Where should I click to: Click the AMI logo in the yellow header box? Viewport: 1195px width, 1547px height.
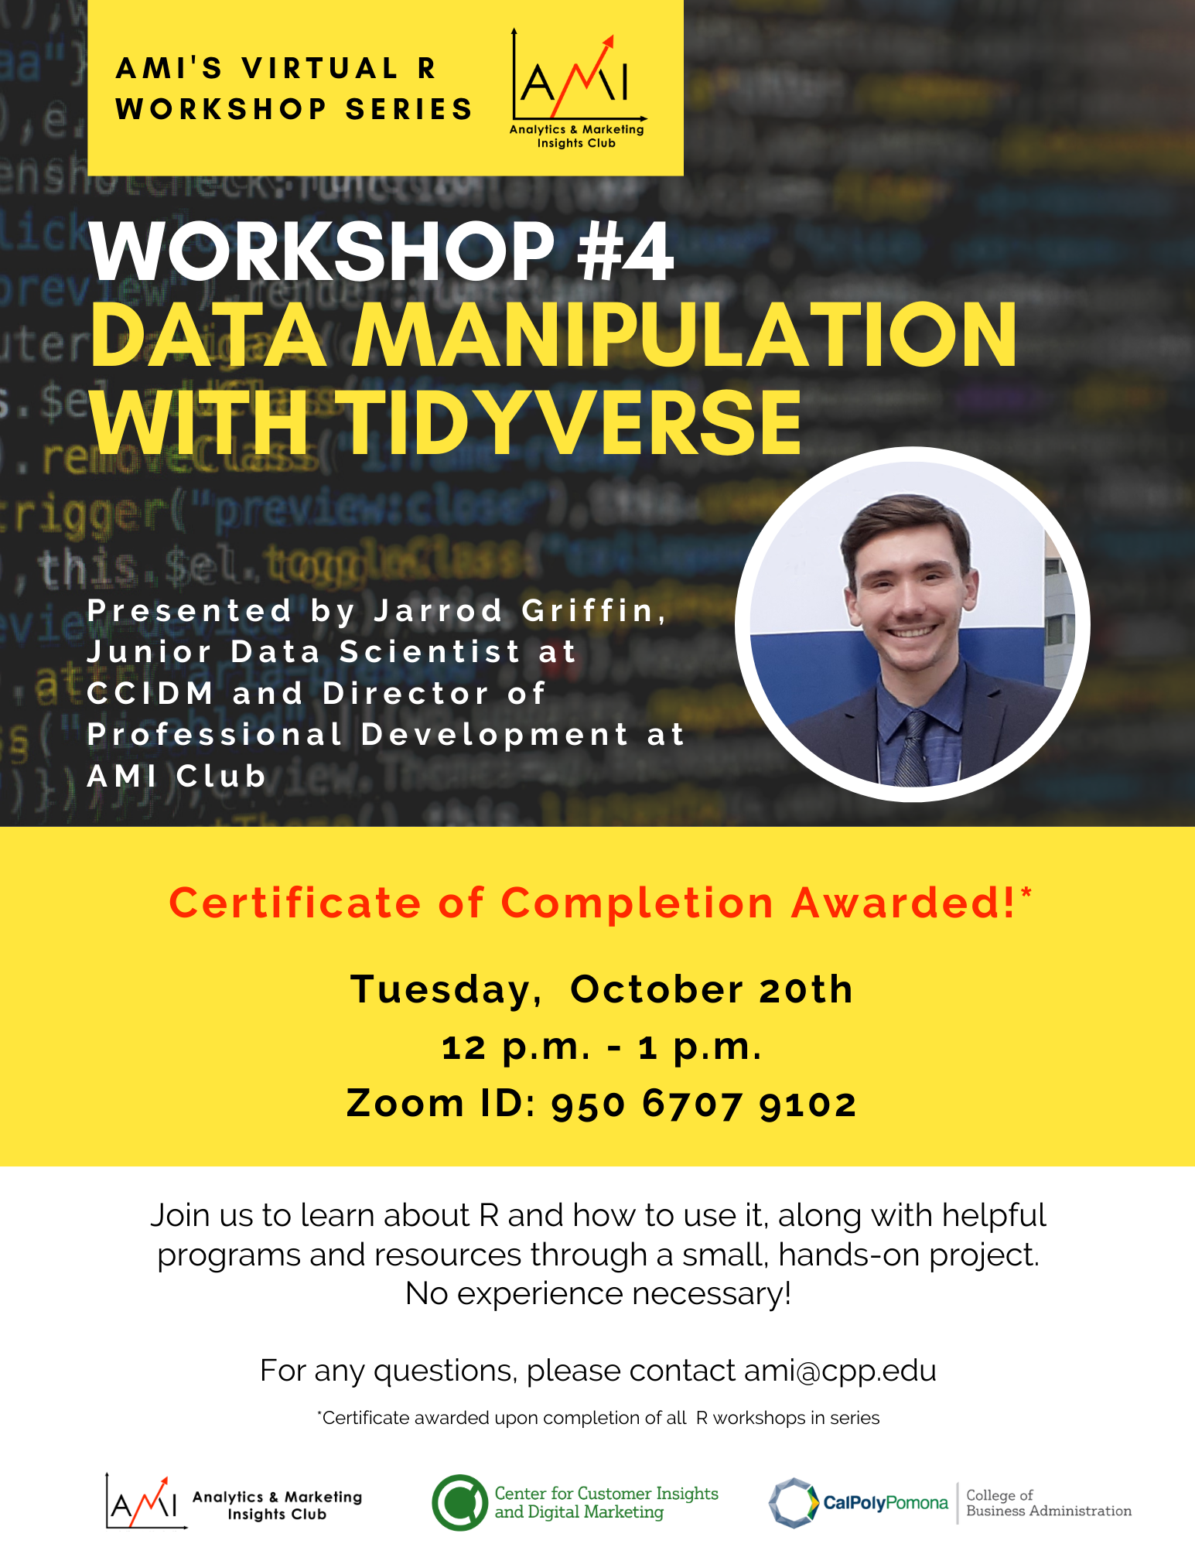[x=577, y=89]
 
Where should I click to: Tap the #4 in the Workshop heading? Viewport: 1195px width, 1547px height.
[x=626, y=251]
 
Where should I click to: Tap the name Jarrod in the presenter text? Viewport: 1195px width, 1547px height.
[x=439, y=611]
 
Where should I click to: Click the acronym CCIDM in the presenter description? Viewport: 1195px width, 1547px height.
[x=151, y=693]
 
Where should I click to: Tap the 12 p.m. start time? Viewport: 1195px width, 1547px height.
[x=517, y=1048]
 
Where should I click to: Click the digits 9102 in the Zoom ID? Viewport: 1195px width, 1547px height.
[x=807, y=1105]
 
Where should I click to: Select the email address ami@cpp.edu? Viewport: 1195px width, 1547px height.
[x=840, y=1371]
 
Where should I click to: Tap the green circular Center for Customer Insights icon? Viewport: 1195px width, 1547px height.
[x=460, y=1502]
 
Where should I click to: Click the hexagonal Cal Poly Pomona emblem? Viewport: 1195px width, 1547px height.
[x=794, y=1503]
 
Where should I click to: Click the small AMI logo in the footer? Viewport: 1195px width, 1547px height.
[x=145, y=1501]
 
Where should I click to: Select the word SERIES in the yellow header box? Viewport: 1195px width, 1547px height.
[x=408, y=109]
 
